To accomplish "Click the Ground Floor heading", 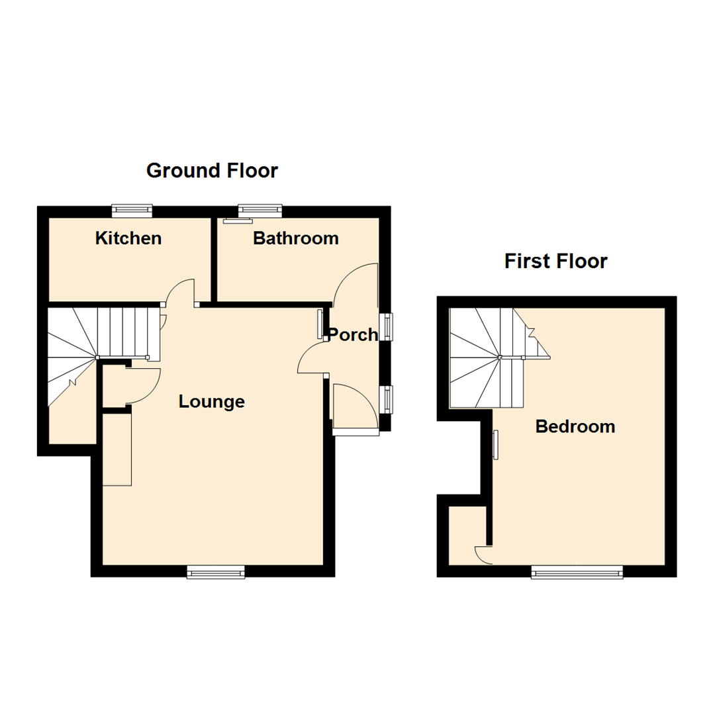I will (x=212, y=171).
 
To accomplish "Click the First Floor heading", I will (x=555, y=261).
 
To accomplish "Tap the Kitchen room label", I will (x=128, y=238).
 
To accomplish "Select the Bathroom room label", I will (x=295, y=238).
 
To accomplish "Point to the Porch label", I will (x=353, y=335).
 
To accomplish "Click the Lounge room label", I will (x=212, y=401).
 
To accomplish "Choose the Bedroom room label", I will (x=575, y=427).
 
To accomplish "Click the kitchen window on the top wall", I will (x=132, y=211).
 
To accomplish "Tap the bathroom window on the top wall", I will (x=260, y=211).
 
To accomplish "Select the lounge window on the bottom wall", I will (x=216, y=572).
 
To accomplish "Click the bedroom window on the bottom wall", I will (x=577, y=572).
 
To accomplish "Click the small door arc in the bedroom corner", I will (x=483, y=555).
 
